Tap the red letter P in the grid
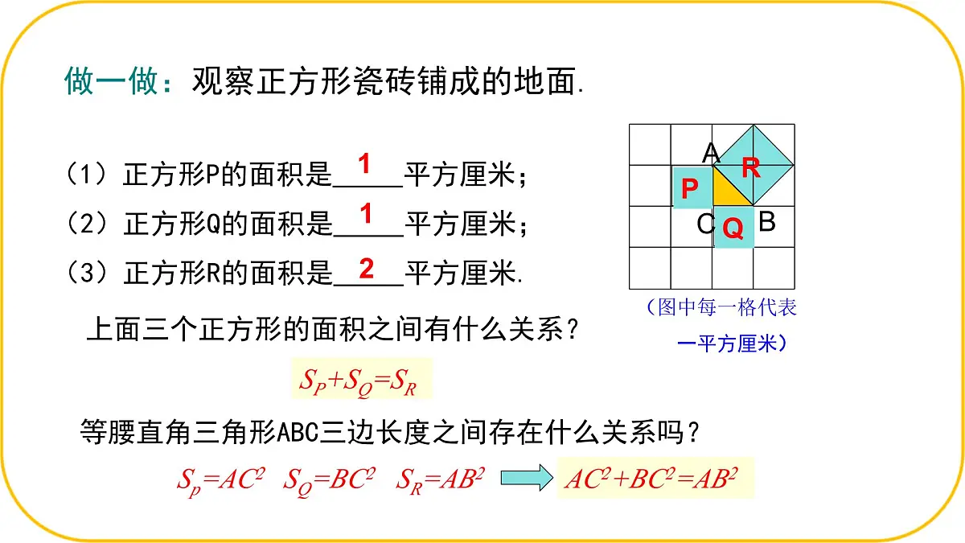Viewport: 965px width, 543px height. (x=689, y=188)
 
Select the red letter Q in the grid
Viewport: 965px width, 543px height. (x=733, y=228)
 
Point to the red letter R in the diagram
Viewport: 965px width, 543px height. (x=750, y=167)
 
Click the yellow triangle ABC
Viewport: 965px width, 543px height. (x=726, y=190)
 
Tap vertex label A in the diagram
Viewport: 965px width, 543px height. (x=710, y=152)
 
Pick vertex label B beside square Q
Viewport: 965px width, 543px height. (x=766, y=221)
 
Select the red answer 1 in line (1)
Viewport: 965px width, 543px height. (x=364, y=165)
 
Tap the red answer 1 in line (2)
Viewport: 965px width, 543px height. (x=367, y=215)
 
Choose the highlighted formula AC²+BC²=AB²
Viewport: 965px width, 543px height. (x=651, y=479)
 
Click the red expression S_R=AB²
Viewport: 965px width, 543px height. (x=440, y=480)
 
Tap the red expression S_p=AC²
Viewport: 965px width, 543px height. (x=220, y=480)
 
